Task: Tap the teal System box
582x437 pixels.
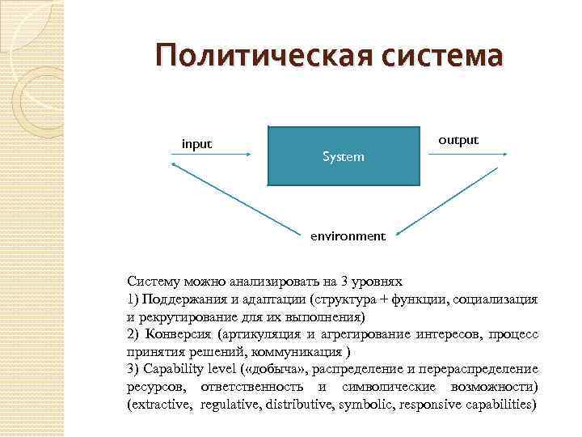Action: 344,155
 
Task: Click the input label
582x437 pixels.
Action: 196,144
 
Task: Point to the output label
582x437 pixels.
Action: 458,139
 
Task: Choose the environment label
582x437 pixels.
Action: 348,236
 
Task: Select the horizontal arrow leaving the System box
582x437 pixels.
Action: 467,153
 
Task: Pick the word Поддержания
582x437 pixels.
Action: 182,299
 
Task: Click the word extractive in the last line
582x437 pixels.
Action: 162,404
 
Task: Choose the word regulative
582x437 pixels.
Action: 230,404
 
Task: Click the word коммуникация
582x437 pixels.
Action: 297,352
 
